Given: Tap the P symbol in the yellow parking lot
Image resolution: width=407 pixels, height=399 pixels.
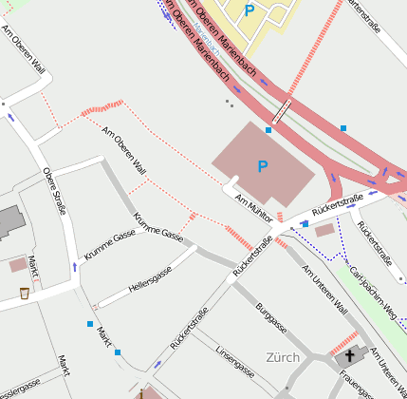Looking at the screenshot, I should click(250, 10).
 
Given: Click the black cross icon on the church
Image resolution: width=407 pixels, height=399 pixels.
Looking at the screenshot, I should click(350, 355).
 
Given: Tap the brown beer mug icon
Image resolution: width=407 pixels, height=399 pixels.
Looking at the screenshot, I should click(24, 293).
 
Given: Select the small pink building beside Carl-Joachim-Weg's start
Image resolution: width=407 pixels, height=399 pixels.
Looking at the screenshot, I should click(324, 230).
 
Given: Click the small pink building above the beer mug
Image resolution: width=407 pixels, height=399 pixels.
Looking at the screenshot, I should click(18, 264).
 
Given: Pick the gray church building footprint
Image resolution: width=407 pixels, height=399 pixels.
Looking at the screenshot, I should click(347, 357).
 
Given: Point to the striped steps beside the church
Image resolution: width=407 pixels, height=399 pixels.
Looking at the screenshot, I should click(344, 340).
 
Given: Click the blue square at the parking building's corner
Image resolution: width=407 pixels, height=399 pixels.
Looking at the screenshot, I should click(268, 129).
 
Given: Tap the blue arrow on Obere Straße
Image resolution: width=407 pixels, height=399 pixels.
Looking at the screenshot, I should click(74, 266).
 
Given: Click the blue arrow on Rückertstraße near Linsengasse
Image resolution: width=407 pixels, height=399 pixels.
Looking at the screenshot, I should click(157, 364).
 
